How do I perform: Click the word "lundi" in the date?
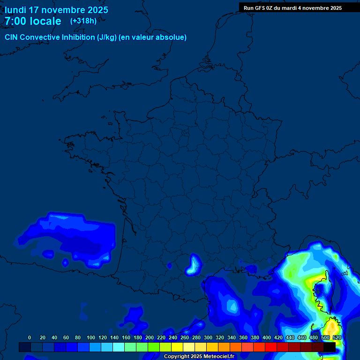pyautogui.click(x=15, y=10)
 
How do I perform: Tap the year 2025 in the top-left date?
pyautogui.click(x=96, y=10)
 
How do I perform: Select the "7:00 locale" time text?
pyautogui.click(x=33, y=21)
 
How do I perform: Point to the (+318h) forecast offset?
pyautogui.click(x=83, y=21)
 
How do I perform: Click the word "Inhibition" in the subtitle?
pyautogui.click(x=77, y=37)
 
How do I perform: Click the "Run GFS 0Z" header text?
pyautogui.click(x=258, y=8)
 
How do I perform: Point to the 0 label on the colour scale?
pyautogui.click(x=30, y=337)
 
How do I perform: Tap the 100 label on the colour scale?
pyautogui.click(x=90, y=337)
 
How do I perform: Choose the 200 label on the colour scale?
pyautogui.click(x=149, y=337)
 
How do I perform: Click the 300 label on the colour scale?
pyautogui.click(x=208, y=337)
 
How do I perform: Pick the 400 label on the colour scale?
pyautogui.click(x=266, y=337)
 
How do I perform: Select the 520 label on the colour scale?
pyautogui.click(x=337, y=337)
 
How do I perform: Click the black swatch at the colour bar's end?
pyautogui.click(x=330, y=347)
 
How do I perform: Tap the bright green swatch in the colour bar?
pyautogui.click(x=154, y=347)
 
